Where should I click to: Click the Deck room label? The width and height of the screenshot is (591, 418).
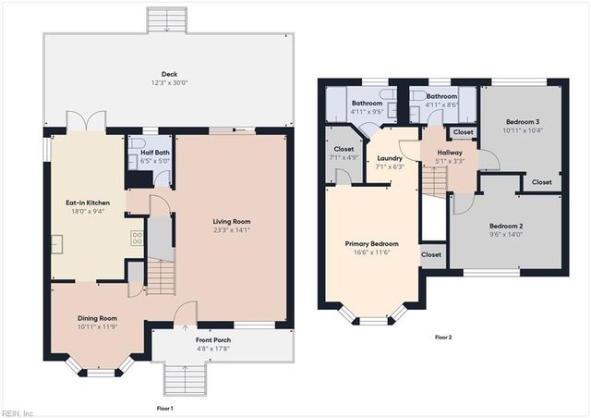tap(169, 75)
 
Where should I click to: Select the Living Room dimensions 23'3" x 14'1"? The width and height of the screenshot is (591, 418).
tap(232, 231)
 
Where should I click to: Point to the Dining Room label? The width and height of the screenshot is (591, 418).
tap(96, 317)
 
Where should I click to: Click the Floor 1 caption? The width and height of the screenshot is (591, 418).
tap(164, 408)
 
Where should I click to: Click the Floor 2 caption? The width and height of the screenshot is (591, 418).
tap(443, 337)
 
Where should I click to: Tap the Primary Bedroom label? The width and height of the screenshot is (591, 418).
tap(369, 244)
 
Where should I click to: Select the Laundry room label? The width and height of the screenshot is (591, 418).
tap(389, 158)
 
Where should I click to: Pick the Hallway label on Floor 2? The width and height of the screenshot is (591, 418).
tap(450, 153)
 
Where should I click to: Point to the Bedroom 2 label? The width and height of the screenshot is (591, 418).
tap(506, 227)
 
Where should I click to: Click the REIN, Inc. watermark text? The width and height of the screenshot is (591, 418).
tap(18, 412)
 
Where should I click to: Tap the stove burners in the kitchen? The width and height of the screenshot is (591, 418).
tap(137, 237)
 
